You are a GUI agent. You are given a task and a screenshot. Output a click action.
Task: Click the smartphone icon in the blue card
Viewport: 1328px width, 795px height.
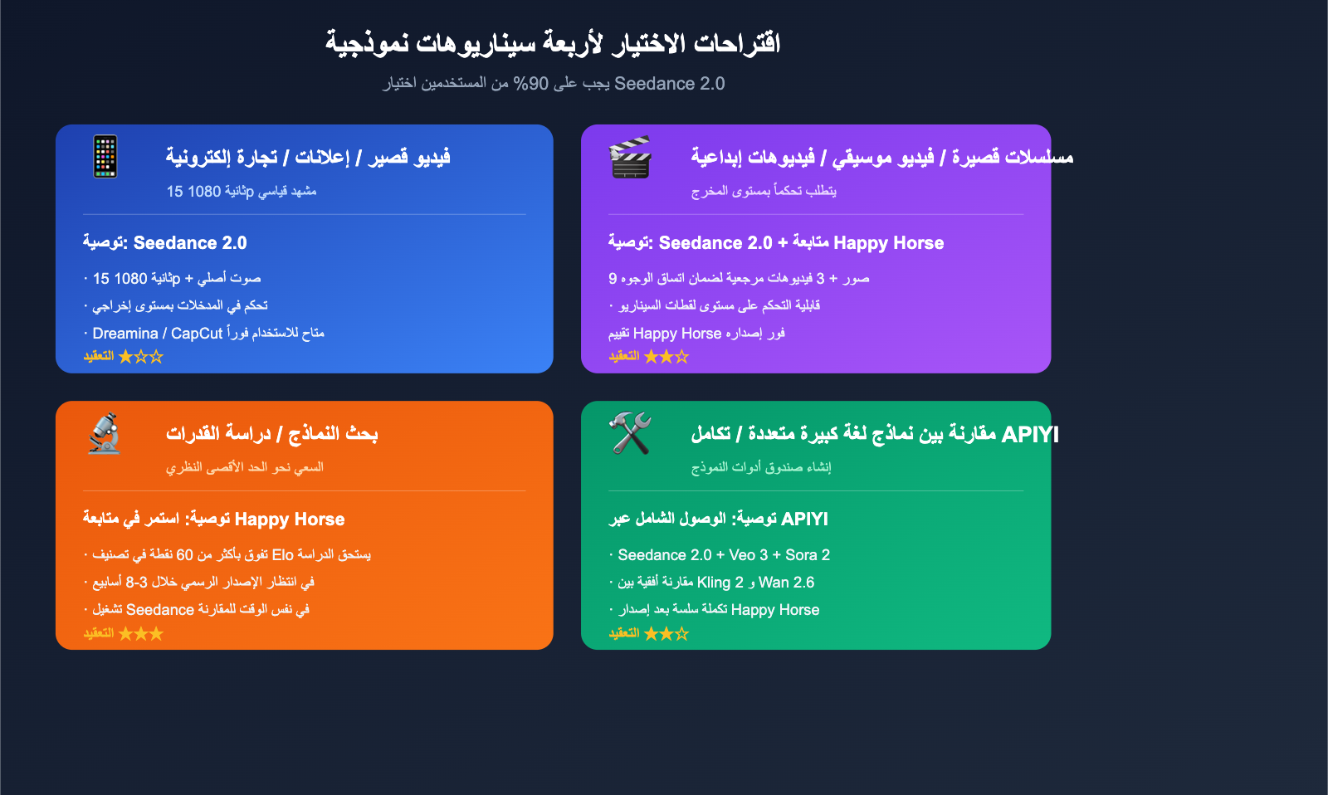[105, 157]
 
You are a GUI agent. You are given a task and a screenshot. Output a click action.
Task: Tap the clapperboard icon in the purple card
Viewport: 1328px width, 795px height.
[630, 157]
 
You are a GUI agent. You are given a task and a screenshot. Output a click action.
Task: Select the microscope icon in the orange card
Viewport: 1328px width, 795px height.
[105, 433]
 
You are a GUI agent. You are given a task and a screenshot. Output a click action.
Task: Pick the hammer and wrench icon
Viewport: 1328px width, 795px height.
[630, 433]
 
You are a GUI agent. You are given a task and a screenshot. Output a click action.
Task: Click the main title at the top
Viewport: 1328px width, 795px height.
[553, 43]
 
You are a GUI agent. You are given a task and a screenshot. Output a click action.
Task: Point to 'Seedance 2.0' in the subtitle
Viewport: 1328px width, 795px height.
[669, 84]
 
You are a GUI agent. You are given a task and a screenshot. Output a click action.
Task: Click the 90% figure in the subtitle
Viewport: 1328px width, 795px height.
[530, 84]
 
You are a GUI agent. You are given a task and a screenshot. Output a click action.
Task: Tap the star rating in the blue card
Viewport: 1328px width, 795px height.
[140, 356]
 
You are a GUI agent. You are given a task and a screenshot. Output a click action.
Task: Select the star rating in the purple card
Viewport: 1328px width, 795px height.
[666, 356]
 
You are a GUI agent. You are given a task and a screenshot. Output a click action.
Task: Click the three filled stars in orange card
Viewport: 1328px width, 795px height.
[140, 634]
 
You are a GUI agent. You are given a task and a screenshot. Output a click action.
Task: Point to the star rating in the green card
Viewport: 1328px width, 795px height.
[666, 634]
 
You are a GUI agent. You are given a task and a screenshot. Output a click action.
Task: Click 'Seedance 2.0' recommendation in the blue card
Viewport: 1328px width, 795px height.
[190, 243]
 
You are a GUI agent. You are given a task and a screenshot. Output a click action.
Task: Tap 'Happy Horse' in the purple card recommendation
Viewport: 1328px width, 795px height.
[889, 243]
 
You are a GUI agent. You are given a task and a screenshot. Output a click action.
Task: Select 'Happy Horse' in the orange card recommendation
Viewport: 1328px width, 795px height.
[290, 519]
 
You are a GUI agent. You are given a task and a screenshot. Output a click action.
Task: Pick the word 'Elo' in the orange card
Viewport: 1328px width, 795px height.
[283, 555]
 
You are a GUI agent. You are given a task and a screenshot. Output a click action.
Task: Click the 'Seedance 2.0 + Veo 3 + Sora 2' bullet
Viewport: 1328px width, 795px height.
[724, 555]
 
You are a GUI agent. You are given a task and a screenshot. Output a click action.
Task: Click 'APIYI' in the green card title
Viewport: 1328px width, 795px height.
[1030, 435]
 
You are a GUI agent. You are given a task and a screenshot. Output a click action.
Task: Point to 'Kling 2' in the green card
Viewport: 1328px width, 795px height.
[720, 583]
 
